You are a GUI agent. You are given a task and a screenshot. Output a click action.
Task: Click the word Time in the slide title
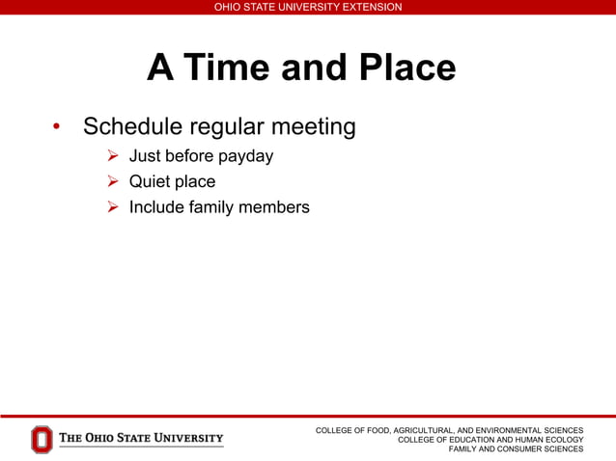point(223,68)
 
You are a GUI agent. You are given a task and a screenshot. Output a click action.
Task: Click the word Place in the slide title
point(406,68)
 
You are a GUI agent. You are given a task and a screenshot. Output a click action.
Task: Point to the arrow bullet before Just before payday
point(112,156)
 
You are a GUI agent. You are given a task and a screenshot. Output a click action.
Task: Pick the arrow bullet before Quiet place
point(112,181)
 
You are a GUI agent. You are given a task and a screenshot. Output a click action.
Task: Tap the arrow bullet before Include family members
point(112,206)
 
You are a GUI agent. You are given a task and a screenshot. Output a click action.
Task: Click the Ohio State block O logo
point(42,440)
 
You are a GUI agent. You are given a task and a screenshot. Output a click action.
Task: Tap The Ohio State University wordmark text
point(141,439)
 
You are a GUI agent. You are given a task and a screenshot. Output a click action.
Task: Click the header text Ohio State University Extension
point(308,7)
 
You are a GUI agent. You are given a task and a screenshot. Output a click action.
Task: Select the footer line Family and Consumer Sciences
point(516,449)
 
